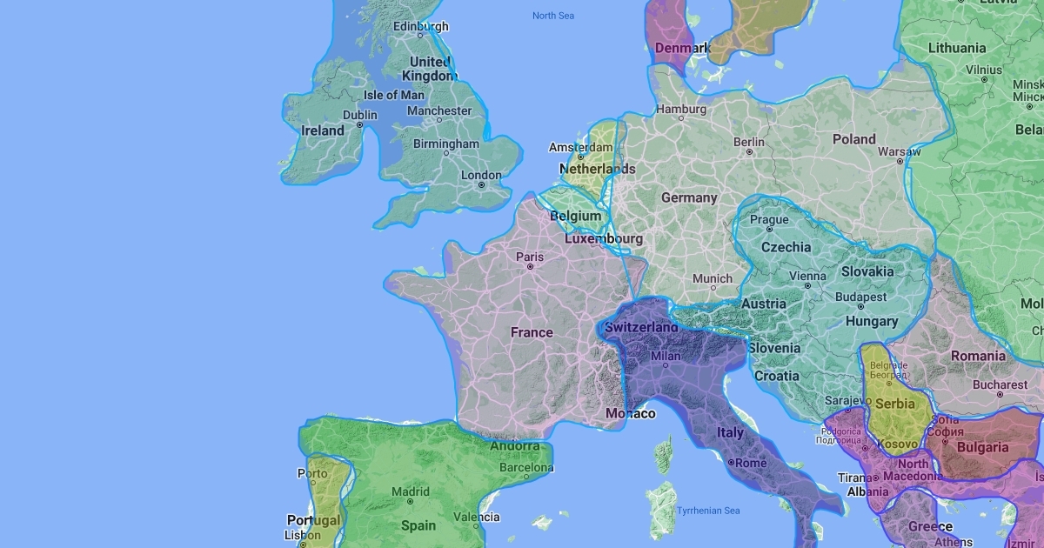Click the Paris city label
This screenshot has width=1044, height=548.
pos(529,257)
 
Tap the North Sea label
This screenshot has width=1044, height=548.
pos(554,16)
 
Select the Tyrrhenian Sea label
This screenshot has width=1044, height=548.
pos(708,511)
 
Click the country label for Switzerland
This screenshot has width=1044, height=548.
pos(641,327)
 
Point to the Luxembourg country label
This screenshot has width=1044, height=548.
pos(604,238)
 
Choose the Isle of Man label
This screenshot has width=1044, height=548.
pos(393,95)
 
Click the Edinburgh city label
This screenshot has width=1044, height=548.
pos(420,27)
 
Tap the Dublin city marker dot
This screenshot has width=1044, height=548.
pos(359,125)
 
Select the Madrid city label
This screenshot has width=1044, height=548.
pos(410,491)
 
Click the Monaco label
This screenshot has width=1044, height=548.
pos(630,413)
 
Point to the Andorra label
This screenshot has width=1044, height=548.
pos(515,446)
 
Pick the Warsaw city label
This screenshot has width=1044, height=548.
pos(899,151)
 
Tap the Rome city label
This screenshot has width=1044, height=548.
pos(751,463)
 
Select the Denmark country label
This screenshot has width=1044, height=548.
pos(683,48)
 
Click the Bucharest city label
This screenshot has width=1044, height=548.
pos(1000,384)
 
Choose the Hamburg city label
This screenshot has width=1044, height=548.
pos(681,110)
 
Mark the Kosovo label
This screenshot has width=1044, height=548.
pos(897,444)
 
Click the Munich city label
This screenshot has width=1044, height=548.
pos(713,279)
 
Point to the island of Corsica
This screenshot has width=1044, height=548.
pos(664,452)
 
